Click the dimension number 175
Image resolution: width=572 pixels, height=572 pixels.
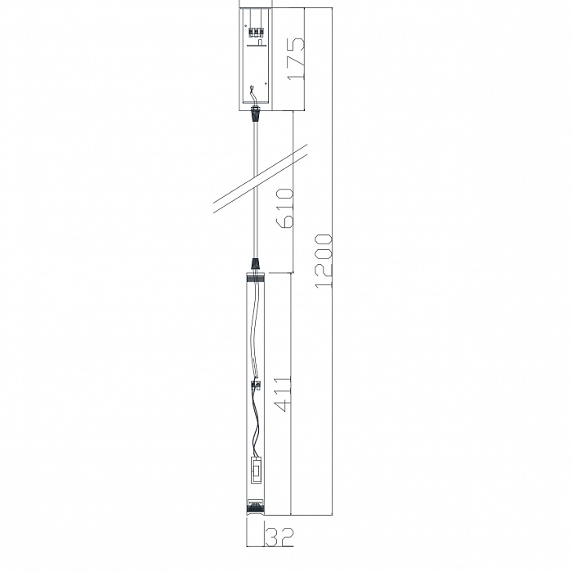click(295, 57)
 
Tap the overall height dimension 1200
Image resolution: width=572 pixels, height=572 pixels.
click(324, 260)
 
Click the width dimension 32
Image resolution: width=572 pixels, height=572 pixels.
click(279, 537)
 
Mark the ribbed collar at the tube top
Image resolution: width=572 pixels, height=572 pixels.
click(257, 279)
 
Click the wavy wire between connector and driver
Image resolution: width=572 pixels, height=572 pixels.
click(256, 425)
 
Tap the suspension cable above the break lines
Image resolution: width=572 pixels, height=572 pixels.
click(257, 147)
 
